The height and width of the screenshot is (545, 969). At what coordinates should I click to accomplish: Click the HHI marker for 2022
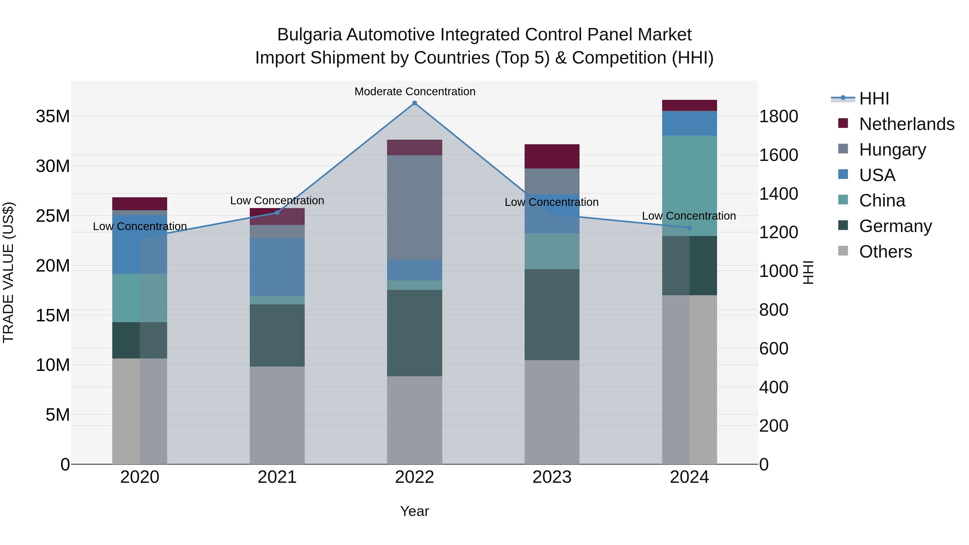(x=415, y=103)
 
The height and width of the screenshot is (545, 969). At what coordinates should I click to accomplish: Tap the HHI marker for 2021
(x=277, y=213)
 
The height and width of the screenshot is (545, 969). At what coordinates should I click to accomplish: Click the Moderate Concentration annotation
(x=415, y=92)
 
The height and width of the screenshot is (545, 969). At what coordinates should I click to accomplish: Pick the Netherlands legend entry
(x=907, y=124)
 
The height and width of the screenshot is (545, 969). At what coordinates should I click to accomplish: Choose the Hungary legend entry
(x=892, y=150)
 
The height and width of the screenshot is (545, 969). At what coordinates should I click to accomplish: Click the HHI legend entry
(x=874, y=99)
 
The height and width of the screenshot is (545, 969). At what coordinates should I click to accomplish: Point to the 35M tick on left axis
(x=53, y=116)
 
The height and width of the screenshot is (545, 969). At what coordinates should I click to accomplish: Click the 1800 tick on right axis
(x=778, y=116)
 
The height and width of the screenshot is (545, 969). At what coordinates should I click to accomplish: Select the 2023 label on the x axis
(x=552, y=477)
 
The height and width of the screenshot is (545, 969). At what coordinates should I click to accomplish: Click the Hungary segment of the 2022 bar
(x=415, y=207)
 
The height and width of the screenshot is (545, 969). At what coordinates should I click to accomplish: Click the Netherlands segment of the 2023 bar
(x=552, y=156)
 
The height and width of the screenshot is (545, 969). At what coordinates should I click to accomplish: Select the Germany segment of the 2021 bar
(x=277, y=335)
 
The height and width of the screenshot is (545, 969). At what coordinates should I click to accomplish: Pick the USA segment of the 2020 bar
(x=139, y=244)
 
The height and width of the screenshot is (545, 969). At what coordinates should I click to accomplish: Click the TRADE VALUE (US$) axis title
(x=8, y=272)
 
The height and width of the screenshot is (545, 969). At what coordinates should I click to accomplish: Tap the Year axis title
(x=415, y=511)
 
